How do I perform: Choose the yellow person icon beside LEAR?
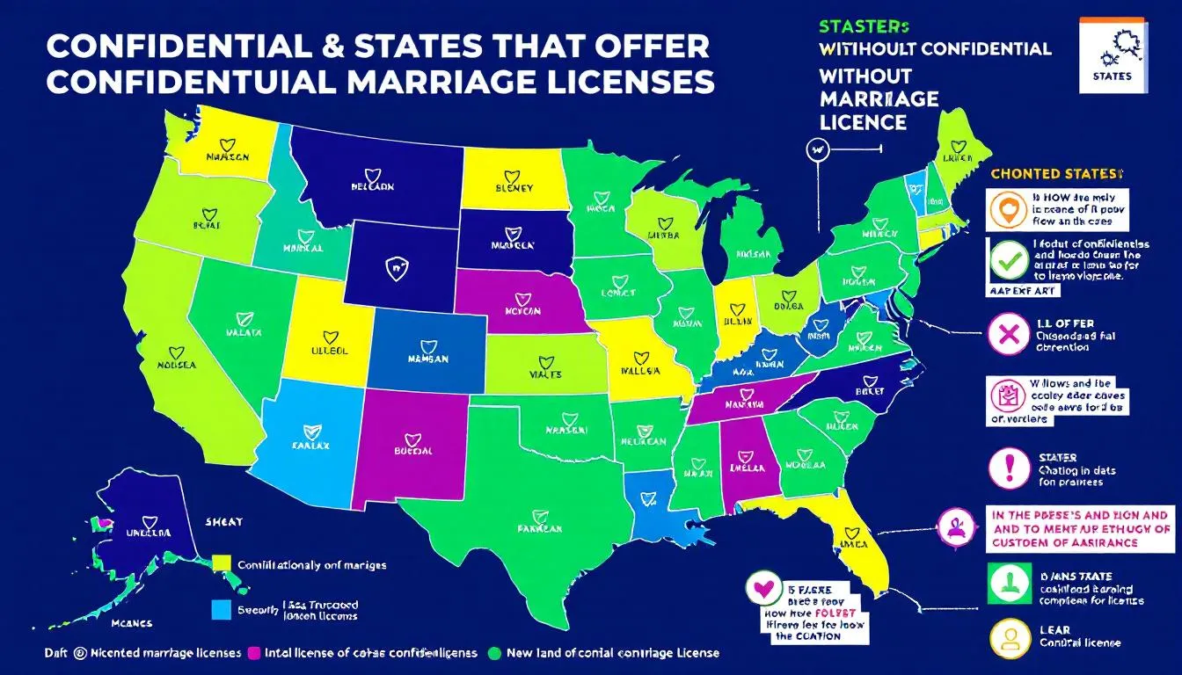point(1006,640)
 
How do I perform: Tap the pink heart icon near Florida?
point(762,589)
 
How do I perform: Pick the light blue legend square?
point(223,609)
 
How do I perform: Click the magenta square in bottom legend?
point(256,653)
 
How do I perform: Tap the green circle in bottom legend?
point(493,653)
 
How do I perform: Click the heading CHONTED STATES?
point(1056,174)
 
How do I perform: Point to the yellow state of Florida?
point(849,536)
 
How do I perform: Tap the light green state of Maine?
point(957,149)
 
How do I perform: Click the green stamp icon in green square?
point(1006,583)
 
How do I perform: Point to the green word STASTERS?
point(864,27)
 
